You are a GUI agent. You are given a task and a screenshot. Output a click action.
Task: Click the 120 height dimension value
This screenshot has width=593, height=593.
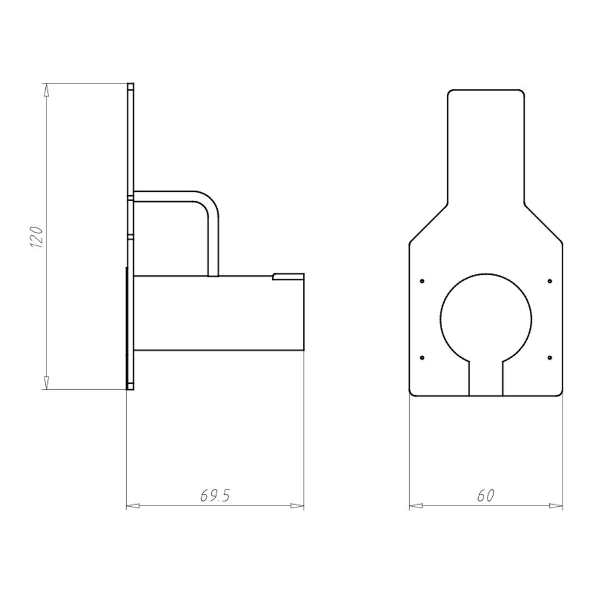[36, 237]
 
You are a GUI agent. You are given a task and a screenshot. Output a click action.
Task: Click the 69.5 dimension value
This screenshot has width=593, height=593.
[215, 495]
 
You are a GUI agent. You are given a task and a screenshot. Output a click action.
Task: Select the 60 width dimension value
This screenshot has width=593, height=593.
[486, 495]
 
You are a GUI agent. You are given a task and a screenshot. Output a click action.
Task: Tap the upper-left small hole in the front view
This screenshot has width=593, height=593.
[422, 281]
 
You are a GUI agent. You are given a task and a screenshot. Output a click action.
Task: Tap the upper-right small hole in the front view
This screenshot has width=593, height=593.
[550, 281]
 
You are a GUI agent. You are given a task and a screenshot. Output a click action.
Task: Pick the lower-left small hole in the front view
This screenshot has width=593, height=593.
[422, 358]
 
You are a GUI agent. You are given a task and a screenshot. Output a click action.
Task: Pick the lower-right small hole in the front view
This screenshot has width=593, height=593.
[550, 358]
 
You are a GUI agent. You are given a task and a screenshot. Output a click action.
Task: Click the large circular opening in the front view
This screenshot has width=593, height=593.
[486, 274]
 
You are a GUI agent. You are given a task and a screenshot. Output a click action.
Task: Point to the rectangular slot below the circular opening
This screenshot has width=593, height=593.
[486, 378]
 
